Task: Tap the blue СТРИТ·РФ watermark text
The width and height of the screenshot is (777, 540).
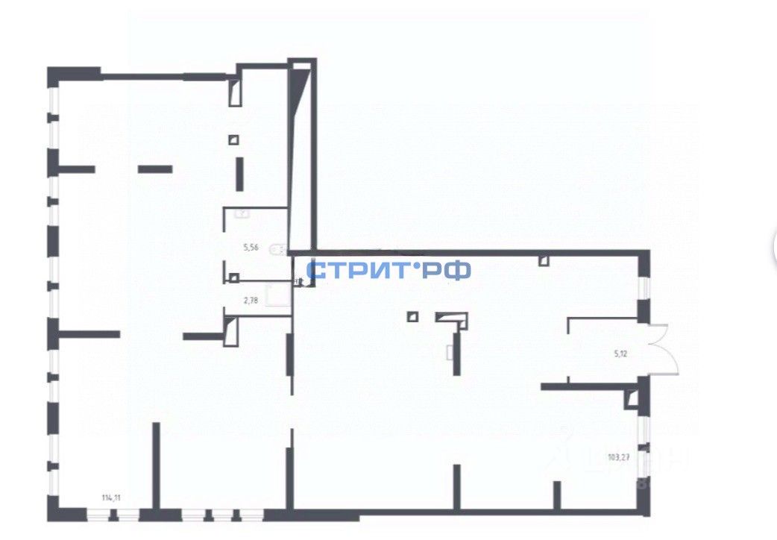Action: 388,269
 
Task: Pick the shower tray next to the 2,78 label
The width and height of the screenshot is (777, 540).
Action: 280,295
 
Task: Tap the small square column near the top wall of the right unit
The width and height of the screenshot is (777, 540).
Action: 544,260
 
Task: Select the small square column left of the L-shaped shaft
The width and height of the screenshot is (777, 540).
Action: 412,316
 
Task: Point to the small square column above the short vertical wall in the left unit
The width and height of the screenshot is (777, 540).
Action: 234,139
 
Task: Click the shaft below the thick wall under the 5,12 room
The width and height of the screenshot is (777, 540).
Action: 633,400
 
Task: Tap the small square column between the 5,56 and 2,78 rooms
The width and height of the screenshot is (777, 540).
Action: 234,278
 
